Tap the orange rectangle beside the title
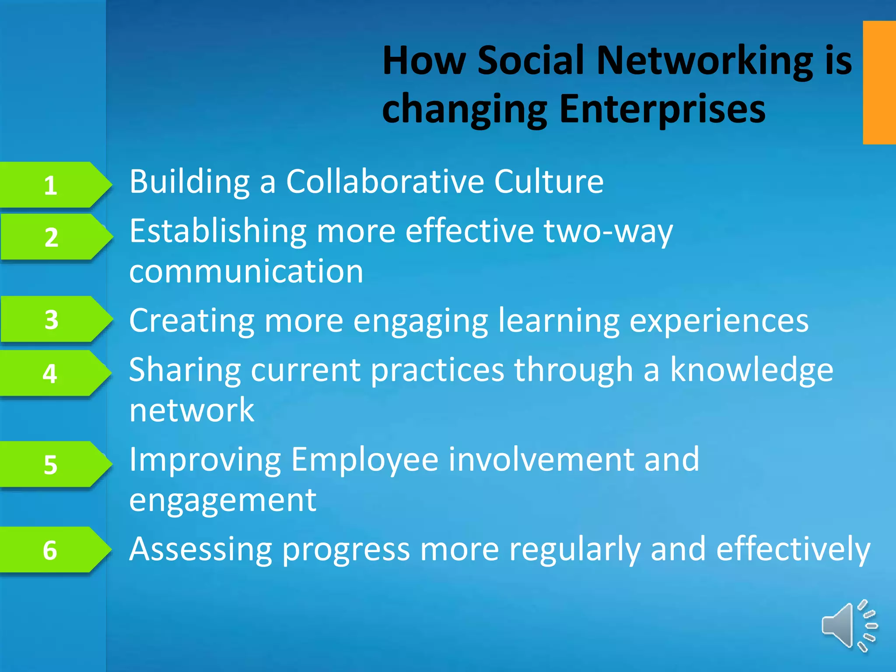tap(879, 82)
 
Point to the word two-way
tap(608, 232)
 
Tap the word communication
tap(246, 271)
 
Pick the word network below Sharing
tap(192, 410)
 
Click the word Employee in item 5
tap(364, 460)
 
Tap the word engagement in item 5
tap(222, 501)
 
